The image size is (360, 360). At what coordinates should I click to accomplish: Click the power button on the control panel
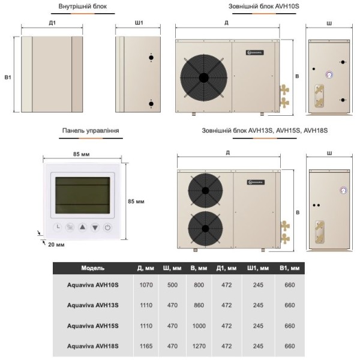pyautogui.click(x=107, y=227)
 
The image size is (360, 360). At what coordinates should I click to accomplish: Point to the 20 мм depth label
pyautogui.click(x=56, y=244)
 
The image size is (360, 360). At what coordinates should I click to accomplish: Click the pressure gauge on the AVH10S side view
pyautogui.click(x=329, y=75)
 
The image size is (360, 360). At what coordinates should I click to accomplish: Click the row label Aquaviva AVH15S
pyautogui.click(x=93, y=325)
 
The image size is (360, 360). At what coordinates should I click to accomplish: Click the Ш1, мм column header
pyautogui.click(x=259, y=268)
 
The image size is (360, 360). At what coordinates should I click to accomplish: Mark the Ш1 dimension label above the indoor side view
pyautogui.click(x=139, y=23)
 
